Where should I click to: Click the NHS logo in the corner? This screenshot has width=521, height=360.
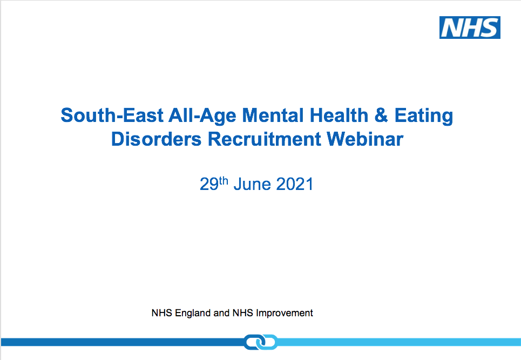click(x=470, y=28)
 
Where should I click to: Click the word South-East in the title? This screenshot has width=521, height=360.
click(x=112, y=116)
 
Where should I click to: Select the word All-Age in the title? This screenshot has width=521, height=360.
click(x=202, y=116)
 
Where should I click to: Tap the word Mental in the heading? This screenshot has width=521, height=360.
click(x=273, y=116)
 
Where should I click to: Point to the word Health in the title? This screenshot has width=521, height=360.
click(x=339, y=116)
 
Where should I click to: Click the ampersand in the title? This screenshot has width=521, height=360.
click(x=381, y=116)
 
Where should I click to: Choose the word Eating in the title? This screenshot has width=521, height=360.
click(x=424, y=116)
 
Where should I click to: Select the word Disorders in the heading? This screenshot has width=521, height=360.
click(x=156, y=139)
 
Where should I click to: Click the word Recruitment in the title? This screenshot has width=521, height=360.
click(x=264, y=139)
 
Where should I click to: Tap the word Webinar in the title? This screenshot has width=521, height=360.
click(x=365, y=139)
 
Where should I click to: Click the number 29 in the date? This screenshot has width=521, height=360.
click(x=209, y=184)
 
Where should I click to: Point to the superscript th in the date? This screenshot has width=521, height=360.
click(x=224, y=181)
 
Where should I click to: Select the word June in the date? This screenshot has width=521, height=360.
click(x=252, y=184)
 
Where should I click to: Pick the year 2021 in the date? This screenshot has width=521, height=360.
click(x=295, y=184)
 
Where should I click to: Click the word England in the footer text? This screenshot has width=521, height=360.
click(x=193, y=313)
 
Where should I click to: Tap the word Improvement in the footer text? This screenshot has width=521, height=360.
click(x=285, y=313)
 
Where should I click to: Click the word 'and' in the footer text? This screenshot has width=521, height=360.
click(x=221, y=313)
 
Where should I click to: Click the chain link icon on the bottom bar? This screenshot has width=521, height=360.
click(x=261, y=342)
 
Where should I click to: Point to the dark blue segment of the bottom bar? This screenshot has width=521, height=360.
click(x=123, y=342)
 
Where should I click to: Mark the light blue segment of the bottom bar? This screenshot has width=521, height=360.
click(x=399, y=342)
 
